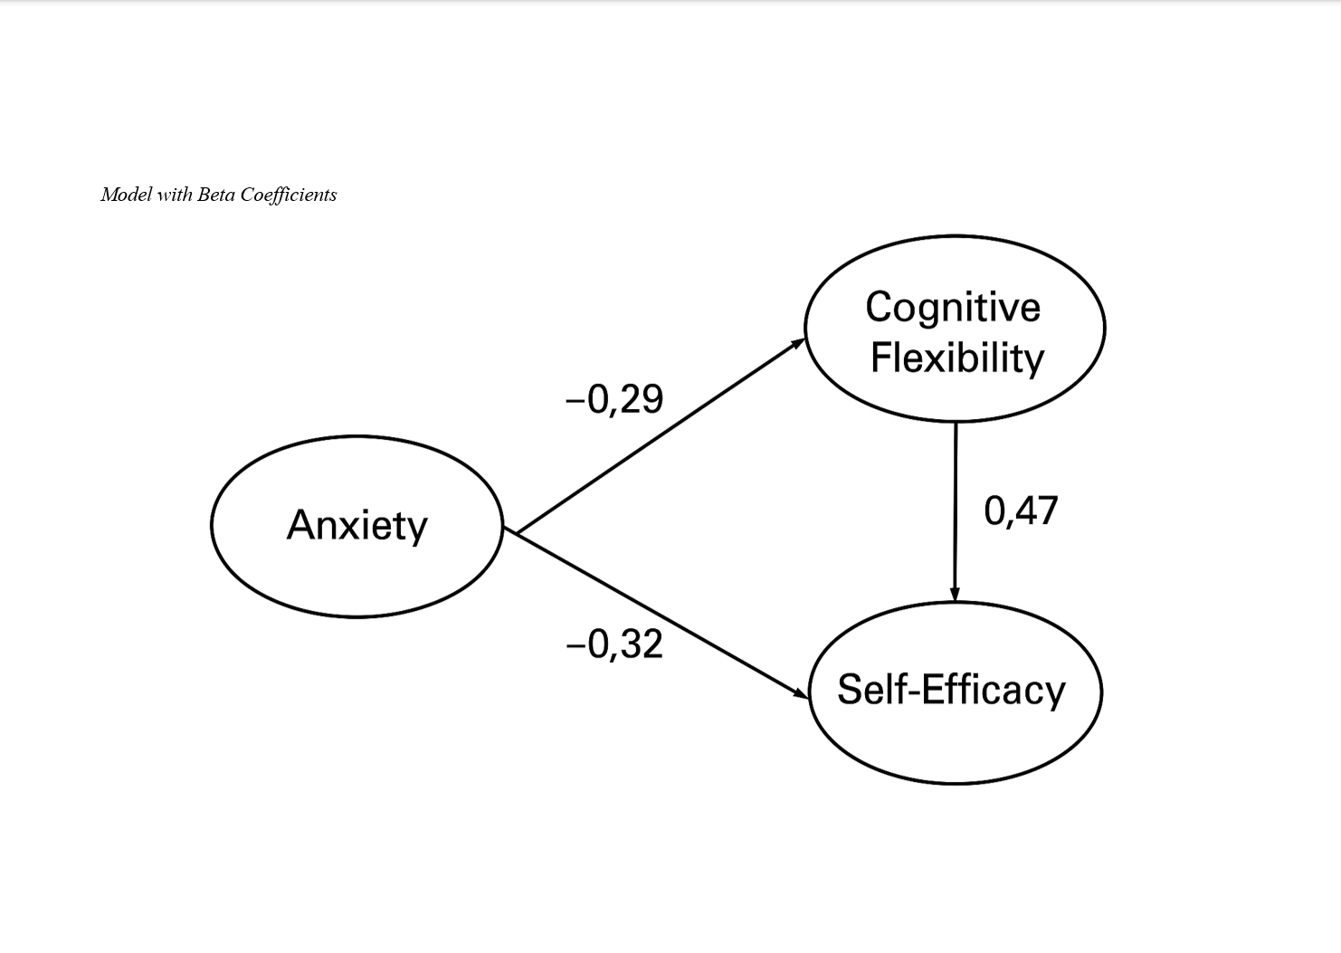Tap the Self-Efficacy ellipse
(x=955, y=742)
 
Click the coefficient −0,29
(x=614, y=399)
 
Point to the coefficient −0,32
(x=614, y=644)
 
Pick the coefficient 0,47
(x=1021, y=511)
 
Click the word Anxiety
(x=357, y=525)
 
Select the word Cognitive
(x=953, y=307)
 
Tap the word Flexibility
(x=956, y=357)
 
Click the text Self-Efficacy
(x=951, y=690)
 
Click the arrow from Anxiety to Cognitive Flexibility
(x=661, y=434)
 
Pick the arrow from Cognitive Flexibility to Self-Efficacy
(x=956, y=511)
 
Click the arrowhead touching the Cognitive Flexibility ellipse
(x=798, y=343)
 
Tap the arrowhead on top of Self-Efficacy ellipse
(x=955, y=594)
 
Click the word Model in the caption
(x=126, y=195)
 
